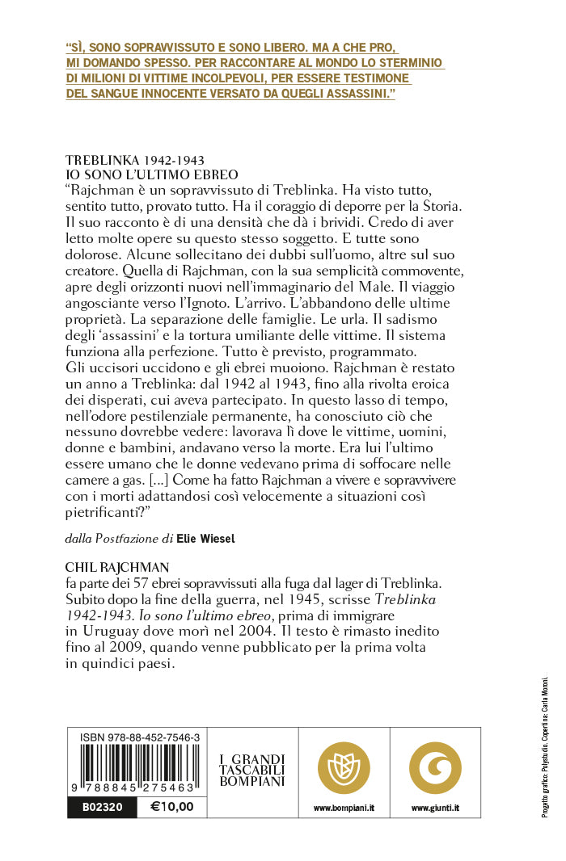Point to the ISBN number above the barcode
(141, 737)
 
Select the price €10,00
(172, 806)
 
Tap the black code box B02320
(96, 806)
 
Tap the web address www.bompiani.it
(344, 807)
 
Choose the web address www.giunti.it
(435, 807)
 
